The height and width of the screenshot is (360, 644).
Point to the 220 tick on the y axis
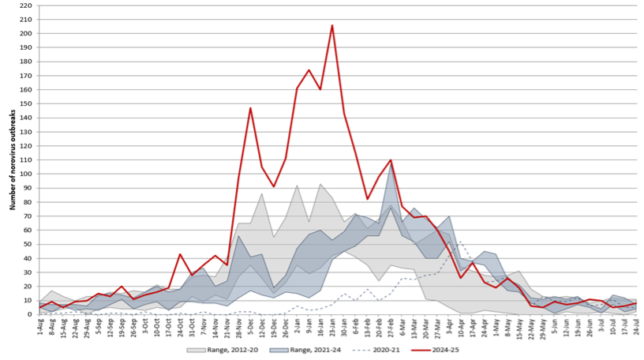(26, 6)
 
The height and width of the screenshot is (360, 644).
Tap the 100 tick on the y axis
(26, 174)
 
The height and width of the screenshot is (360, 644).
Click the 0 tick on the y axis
(29, 314)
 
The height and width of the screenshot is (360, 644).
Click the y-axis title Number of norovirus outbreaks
(13, 160)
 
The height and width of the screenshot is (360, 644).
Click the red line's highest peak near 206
(331, 25)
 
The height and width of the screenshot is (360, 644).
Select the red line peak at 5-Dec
(250, 108)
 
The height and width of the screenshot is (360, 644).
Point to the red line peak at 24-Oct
(181, 254)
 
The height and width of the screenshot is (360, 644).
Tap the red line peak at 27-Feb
(390, 160)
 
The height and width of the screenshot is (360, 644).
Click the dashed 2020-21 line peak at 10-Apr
(460, 242)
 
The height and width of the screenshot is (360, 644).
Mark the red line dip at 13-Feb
(367, 199)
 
